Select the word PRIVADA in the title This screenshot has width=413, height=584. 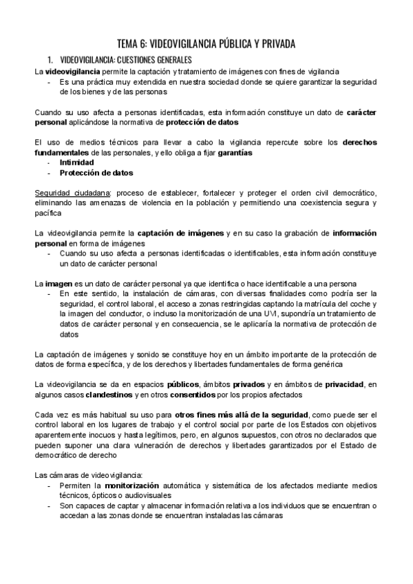click(272, 44)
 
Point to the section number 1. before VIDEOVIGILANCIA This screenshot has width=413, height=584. click(50, 60)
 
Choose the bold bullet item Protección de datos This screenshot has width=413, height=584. click(96, 173)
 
